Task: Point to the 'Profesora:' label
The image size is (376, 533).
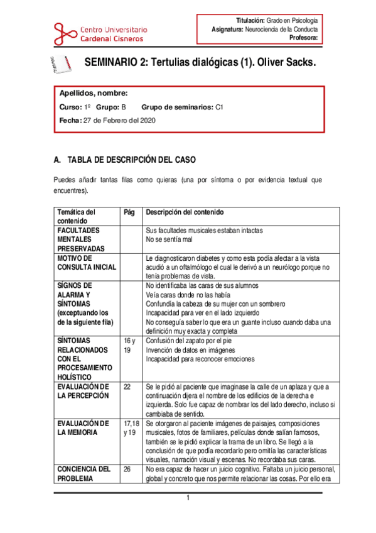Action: coord(303,37)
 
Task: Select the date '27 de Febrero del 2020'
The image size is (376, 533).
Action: coord(119,120)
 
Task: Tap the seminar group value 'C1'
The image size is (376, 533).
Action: coord(219,107)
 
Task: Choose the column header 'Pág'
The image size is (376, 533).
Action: coord(130,212)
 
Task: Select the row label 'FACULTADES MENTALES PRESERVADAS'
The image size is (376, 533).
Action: coord(78,239)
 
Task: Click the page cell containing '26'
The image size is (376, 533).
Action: coord(128,468)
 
